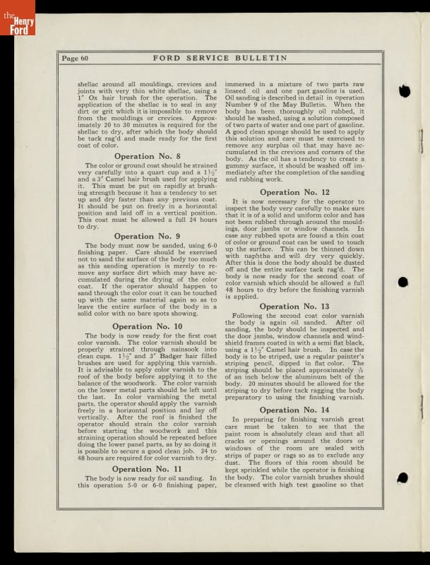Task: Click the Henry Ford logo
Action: click(17, 18)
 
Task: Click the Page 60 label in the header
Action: click(75, 59)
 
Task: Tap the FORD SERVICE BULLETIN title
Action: click(220, 58)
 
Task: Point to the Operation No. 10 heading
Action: click(148, 326)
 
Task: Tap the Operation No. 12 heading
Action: click(294, 192)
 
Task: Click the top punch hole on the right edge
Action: click(404, 91)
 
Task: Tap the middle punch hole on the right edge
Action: click(403, 282)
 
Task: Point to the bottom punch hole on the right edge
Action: click(402, 478)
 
